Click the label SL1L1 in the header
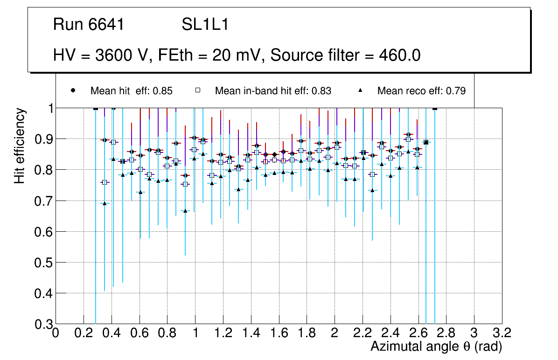205,25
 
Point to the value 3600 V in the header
123,55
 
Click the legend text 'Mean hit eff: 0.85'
132,91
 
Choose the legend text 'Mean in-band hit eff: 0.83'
273,91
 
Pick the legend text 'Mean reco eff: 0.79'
421,91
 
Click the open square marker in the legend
197,90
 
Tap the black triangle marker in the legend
361,90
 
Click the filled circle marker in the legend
73,90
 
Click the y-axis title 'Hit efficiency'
20,145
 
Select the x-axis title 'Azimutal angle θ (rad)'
436,346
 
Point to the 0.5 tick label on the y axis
42,263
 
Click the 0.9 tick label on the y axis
42,139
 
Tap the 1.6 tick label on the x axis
279,333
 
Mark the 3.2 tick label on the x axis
502,333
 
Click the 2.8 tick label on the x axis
446,333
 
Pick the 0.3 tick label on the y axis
42,324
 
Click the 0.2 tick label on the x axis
84,333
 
